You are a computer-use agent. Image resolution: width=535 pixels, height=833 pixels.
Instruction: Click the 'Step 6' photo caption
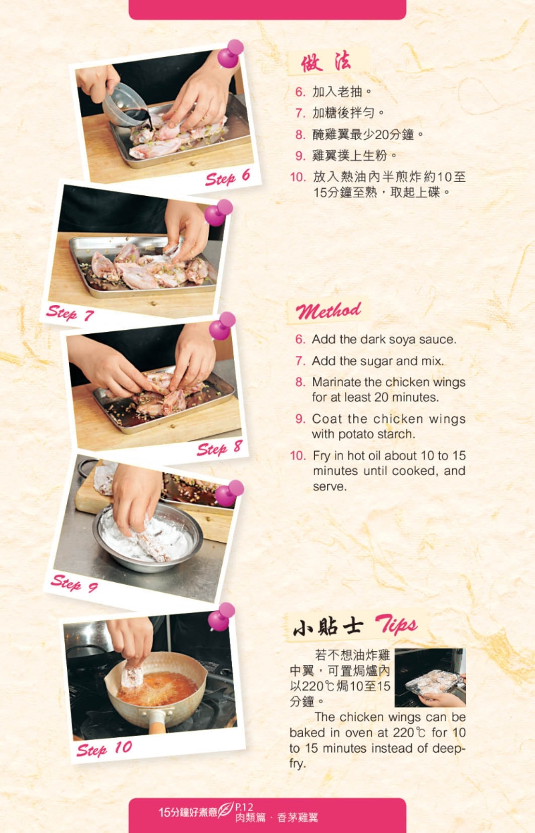coord(227,177)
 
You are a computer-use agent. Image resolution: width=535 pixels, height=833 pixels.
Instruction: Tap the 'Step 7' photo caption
coord(70,312)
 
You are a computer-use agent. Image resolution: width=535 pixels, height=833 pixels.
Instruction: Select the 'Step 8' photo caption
coord(219,448)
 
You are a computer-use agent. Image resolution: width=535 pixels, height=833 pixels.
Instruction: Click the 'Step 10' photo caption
coord(104,748)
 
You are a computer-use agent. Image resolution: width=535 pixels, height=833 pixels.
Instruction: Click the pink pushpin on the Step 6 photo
coord(230,54)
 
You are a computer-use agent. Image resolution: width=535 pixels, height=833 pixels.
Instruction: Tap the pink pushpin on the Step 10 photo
coord(221,618)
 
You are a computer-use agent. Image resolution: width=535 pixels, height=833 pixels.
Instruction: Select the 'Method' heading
coord(328,311)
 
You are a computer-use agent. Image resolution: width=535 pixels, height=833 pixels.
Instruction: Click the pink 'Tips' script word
coord(397,625)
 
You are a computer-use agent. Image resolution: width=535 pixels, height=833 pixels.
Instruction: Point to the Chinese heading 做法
coord(326,62)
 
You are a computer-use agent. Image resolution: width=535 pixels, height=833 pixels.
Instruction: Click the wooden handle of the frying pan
coord(157,723)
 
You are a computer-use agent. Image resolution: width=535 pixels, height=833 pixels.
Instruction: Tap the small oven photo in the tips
coord(430,678)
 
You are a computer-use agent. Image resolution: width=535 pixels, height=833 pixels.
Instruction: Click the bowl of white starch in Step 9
coord(148,538)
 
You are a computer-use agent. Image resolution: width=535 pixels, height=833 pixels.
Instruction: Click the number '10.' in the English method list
coord(298,456)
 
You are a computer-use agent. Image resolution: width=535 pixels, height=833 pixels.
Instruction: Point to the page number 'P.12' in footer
coord(244,807)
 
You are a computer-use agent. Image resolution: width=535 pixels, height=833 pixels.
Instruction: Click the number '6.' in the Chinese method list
coord(300,92)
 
